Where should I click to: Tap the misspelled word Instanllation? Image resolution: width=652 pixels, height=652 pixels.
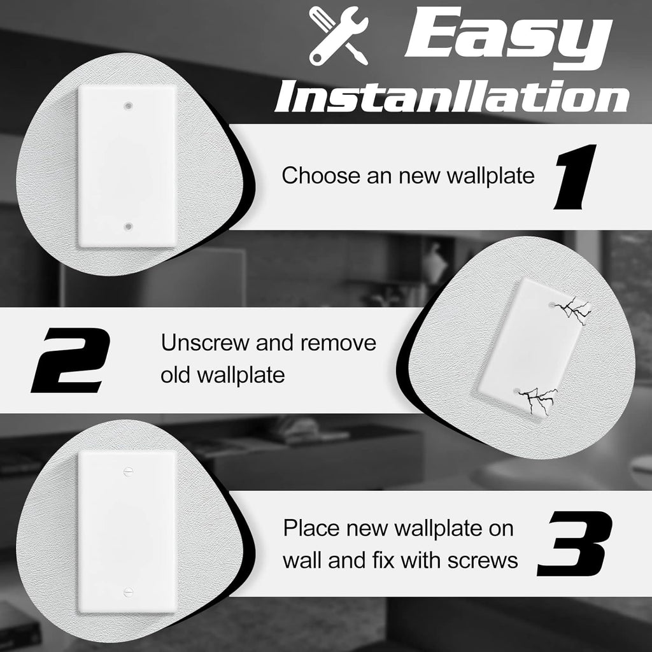click(x=451, y=97)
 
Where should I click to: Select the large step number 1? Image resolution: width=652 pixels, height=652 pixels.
click(x=575, y=177)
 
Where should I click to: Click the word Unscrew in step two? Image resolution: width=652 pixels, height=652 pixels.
click(x=204, y=343)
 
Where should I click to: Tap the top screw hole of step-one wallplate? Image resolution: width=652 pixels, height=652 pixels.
click(x=129, y=103)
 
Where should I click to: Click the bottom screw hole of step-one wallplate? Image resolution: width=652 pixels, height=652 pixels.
click(x=129, y=226)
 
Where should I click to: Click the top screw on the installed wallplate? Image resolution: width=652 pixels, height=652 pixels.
click(x=128, y=471)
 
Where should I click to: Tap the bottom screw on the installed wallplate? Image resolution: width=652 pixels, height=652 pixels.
click(x=128, y=592)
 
